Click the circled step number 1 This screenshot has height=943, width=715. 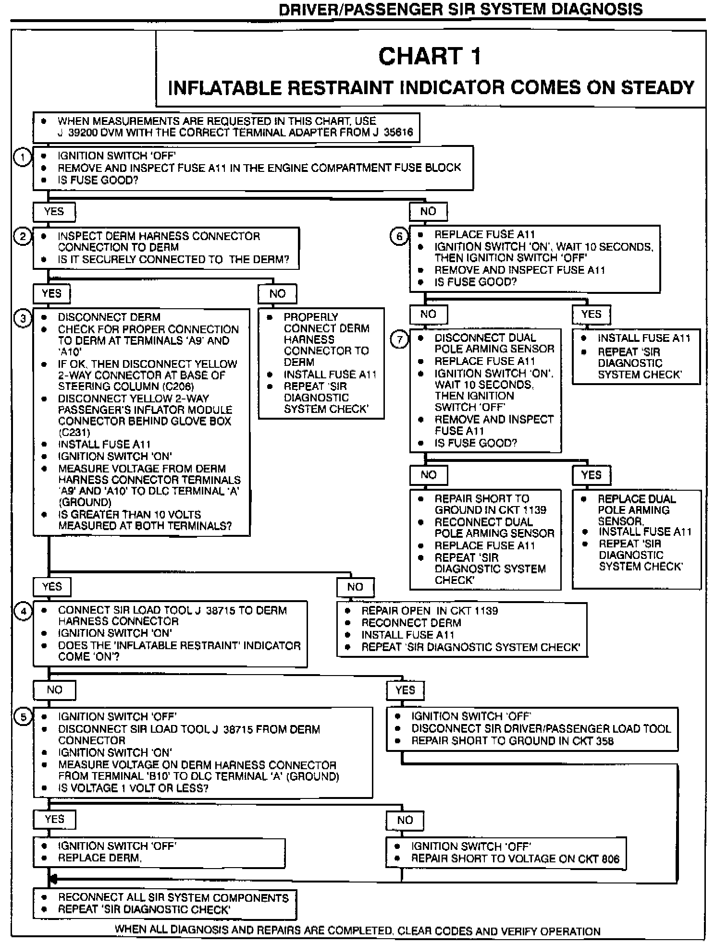(x=22, y=157)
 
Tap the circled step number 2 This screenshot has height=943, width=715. (x=23, y=236)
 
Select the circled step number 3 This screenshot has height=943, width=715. (x=23, y=318)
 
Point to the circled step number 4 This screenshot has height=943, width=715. (x=24, y=611)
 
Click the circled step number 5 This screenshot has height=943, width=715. (x=24, y=717)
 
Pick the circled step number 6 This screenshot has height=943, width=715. (x=399, y=236)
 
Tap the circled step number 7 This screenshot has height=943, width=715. (x=399, y=339)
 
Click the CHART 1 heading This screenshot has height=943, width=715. (x=430, y=57)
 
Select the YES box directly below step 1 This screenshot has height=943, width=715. (x=54, y=212)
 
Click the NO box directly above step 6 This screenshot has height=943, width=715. (x=428, y=212)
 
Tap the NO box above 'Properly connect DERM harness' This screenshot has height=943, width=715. (x=277, y=294)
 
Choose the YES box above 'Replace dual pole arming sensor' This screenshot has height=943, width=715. (x=591, y=475)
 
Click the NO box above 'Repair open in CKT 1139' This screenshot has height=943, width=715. (x=355, y=587)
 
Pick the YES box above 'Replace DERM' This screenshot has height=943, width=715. (x=54, y=820)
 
